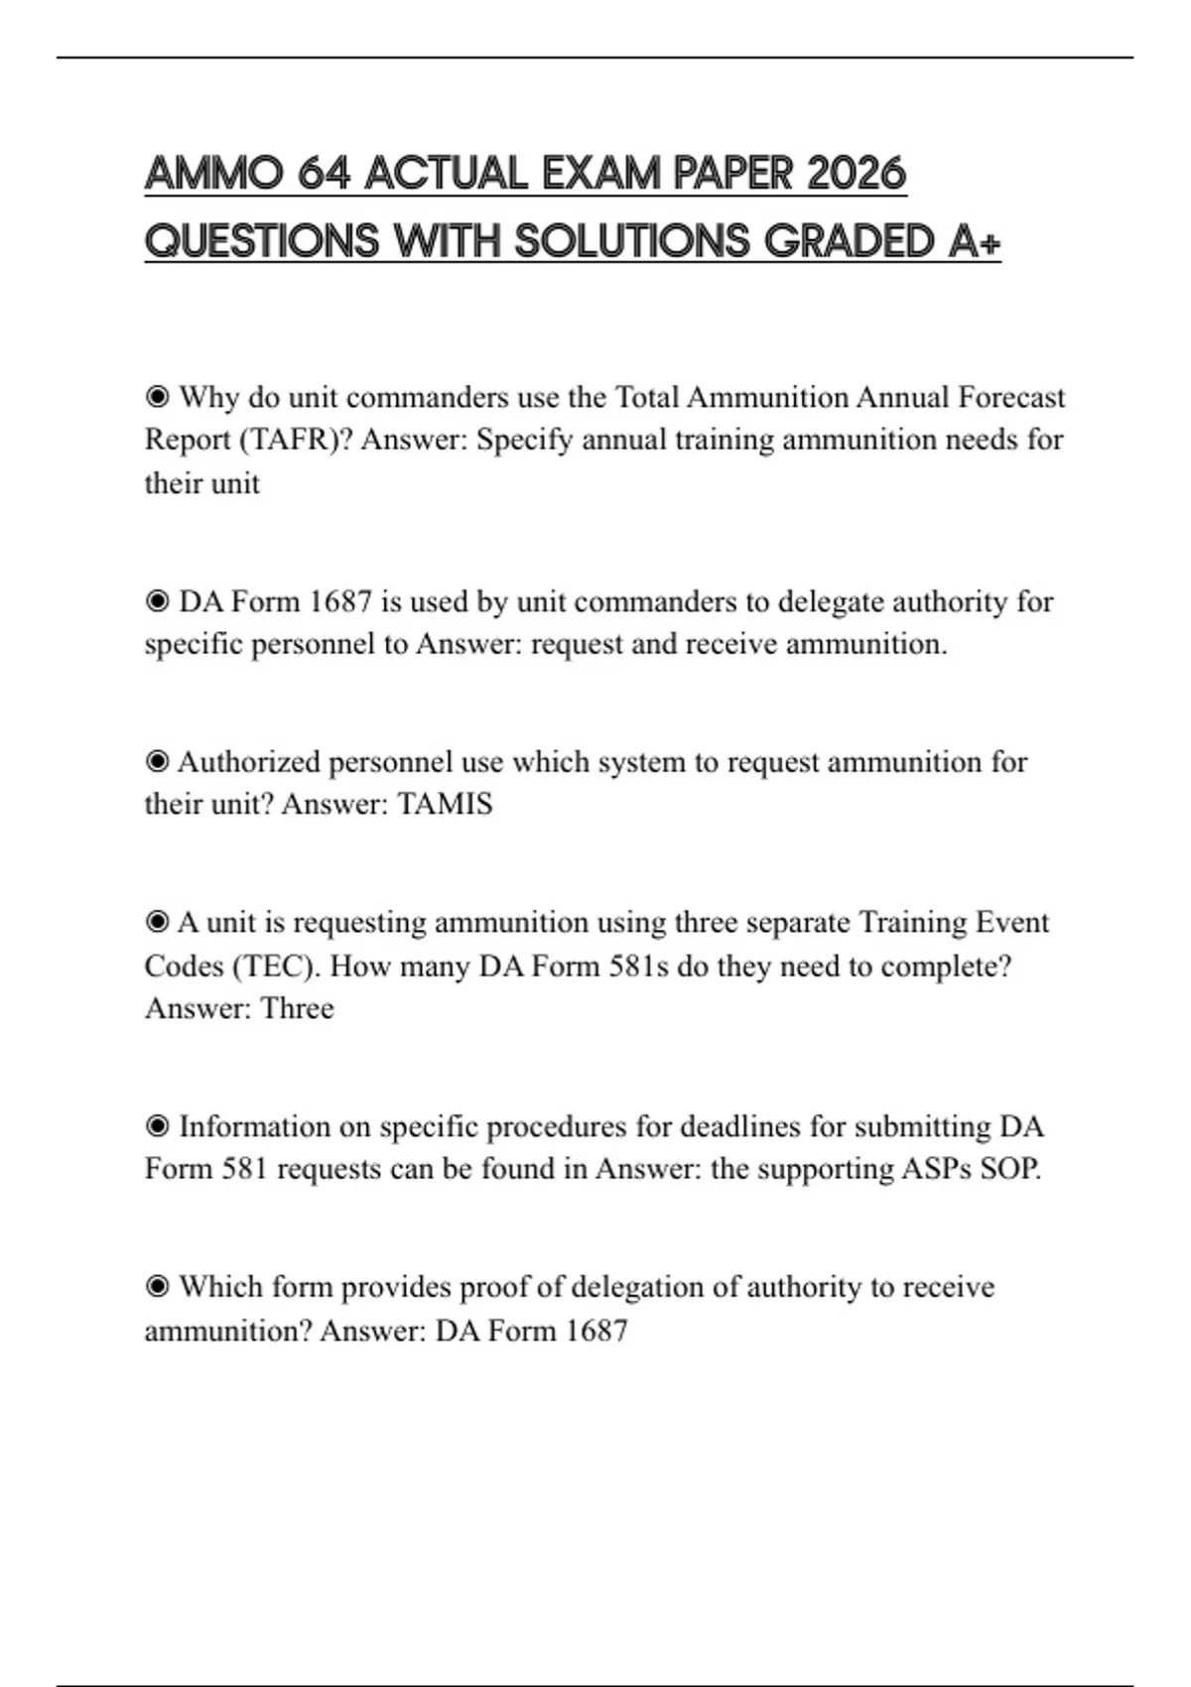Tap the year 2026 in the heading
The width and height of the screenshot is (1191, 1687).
(857, 175)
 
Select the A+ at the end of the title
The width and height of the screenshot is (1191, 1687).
(974, 242)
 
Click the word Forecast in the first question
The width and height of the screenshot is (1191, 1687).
(1011, 397)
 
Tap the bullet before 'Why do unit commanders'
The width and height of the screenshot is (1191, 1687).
(157, 398)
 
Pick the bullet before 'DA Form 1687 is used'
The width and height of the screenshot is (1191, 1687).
(157, 602)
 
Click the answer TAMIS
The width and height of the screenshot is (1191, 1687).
(445, 804)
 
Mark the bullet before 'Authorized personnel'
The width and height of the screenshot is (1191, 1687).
(157, 762)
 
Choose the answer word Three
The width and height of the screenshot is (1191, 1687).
(297, 1008)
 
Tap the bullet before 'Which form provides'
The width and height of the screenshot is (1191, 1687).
(157, 1287)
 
